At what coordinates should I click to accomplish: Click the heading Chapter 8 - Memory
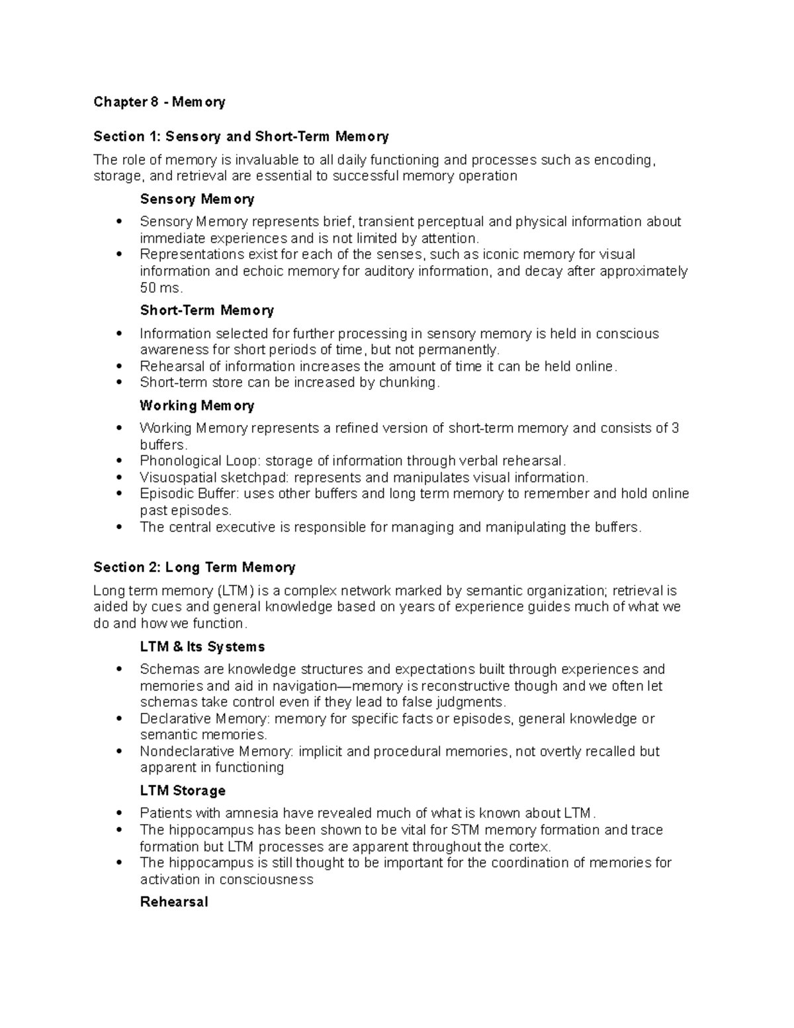point(159,102)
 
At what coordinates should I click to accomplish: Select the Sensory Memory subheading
point(197,199)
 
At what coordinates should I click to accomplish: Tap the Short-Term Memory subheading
point(206,310)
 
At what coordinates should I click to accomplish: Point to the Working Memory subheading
point(197,406)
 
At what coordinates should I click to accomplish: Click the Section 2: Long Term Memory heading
point(194,567)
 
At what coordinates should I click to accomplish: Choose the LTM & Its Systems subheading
point(202,647)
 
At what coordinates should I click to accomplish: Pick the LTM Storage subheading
point(183,790)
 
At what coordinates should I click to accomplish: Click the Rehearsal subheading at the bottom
point(174,902)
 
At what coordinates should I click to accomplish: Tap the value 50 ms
point(160,288)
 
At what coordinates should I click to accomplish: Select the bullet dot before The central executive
point(119,528)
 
